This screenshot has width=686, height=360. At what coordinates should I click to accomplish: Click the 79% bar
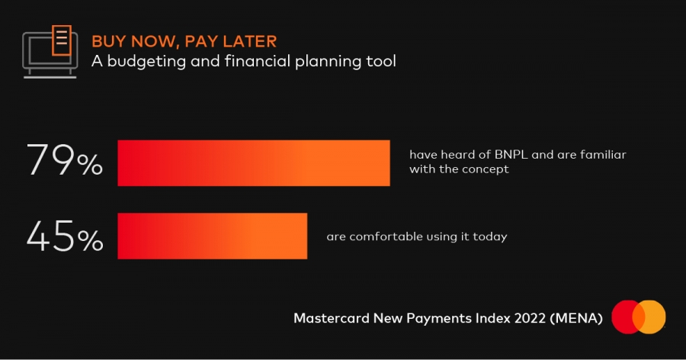[254, 163]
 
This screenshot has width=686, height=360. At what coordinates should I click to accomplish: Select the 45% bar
[212, 236]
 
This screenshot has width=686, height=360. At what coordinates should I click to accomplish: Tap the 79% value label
[65, 160]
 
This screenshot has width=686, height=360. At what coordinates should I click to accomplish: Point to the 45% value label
[65, 236]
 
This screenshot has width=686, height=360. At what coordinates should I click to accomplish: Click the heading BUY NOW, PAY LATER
[184, 41]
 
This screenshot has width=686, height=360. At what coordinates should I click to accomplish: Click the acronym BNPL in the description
[511, 155]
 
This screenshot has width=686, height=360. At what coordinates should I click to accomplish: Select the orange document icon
[62, 40]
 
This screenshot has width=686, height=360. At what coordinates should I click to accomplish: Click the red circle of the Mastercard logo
[625, 317]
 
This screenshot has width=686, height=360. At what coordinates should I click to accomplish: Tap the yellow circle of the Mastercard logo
[652, 317]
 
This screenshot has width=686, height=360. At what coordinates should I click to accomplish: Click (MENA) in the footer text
[576, 318]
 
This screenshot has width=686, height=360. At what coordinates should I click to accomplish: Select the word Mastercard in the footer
[332, 318]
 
